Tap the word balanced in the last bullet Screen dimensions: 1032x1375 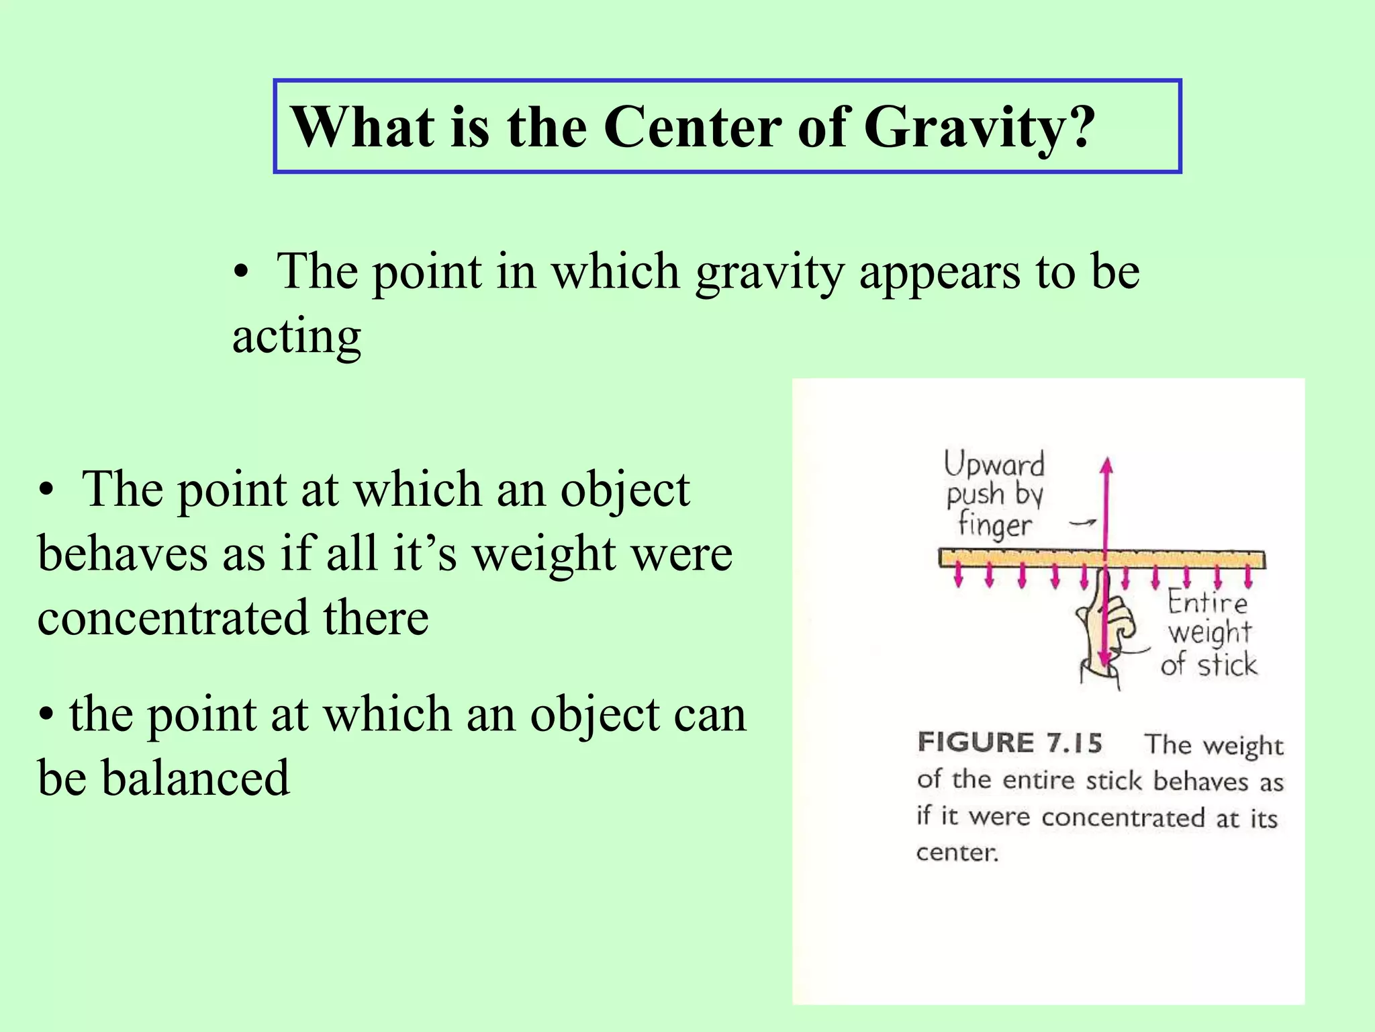click(x=195, y=778)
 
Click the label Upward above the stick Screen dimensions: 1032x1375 click(x=994, y=464)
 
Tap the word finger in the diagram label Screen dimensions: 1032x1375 click(x=994, y=525)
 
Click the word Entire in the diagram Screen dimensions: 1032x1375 click(x=1207, y=602)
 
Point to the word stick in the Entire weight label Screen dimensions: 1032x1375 click(x=1227, y=665)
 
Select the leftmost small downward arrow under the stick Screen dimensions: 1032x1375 click(x=959, y=576)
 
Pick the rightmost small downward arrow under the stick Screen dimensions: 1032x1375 click(x=1248, y=576)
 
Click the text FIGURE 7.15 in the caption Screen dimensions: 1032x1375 click(x=1010, y=743)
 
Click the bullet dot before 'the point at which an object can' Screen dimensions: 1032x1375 click(x=46, y=715)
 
